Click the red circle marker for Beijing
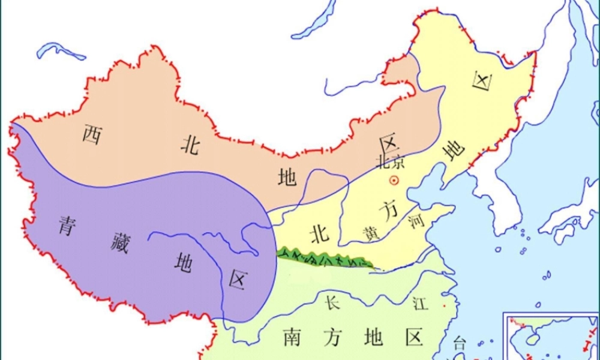(394, 179)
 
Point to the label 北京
(390, 162)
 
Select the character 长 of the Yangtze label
(332, 302)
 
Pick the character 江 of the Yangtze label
(420, 304)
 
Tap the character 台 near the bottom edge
(459, 343)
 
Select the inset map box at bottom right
(551, 336)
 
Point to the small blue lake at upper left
(60, 50)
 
